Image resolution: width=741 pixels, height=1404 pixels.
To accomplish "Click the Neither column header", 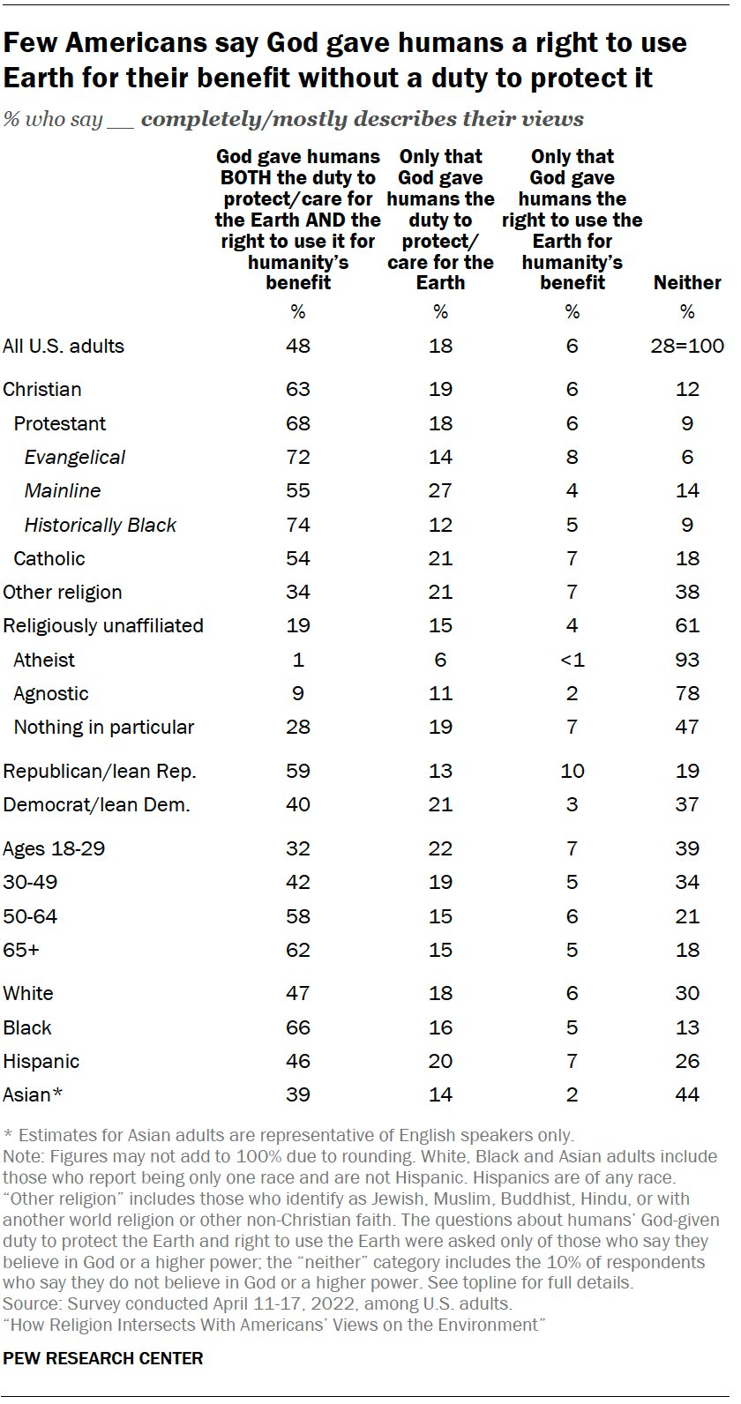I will tap(687, 282).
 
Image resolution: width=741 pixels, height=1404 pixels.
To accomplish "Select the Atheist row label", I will tap(44, 660).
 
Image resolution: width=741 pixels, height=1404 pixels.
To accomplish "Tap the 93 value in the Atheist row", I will tap(687, 660).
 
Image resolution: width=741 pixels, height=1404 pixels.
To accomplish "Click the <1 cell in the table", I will tap(573, 660).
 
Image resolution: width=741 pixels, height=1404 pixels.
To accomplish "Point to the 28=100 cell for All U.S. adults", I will tap(687, 346).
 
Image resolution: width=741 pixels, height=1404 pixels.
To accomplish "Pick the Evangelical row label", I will tap(75, 457).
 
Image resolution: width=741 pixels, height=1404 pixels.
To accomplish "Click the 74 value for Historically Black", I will tap(298, 525).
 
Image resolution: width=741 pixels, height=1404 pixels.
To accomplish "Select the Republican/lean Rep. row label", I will tap(100, 771).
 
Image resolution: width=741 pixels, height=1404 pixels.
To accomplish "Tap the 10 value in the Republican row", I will tap(573, 771).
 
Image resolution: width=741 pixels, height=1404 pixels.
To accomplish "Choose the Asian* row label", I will tap(33, 1094).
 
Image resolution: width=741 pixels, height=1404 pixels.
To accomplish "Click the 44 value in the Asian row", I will tap(687, 1094).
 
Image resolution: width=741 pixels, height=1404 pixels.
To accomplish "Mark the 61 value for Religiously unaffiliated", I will tap(687, 625).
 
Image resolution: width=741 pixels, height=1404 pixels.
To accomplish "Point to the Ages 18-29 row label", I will tap(54, 848).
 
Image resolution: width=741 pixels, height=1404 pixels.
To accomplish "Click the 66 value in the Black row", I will tap(298, 1027).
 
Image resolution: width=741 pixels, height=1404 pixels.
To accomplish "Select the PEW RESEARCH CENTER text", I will tap(103, 1358).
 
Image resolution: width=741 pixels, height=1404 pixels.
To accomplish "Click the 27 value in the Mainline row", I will tap(440, 490).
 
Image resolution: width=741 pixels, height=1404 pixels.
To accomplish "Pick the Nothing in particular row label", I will tap(104, 727).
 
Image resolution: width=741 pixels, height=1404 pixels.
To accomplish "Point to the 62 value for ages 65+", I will tap(298, 950).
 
